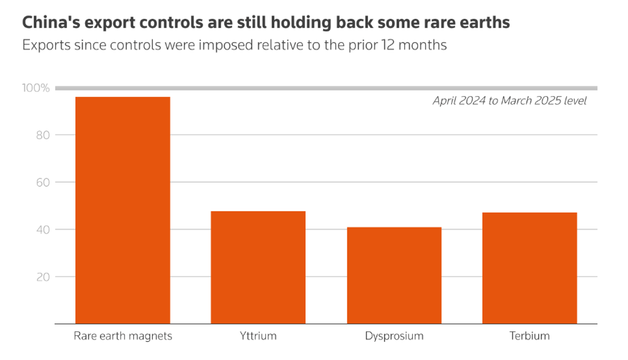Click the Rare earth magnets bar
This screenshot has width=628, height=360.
tap(123, 210)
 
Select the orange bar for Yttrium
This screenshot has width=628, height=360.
tap(258, 267)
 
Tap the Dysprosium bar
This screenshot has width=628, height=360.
tap(394, 275)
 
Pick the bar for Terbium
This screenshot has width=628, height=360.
tap(530, 268)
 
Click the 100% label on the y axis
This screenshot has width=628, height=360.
tap(36, 88)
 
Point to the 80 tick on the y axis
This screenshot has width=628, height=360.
tap(43, 135)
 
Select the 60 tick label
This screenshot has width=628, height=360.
tap(43, 183)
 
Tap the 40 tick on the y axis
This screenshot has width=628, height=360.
tap(43, 230)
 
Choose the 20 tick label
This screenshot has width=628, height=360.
tap(43, 277)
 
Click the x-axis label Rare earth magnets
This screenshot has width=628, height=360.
tap(123, 336)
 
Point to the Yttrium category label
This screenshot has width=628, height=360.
tap(258, 336)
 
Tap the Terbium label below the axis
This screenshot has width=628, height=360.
tap(530, 336)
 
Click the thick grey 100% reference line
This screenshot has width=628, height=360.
tap(327, 88)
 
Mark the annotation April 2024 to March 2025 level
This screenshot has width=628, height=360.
tap(510, 101)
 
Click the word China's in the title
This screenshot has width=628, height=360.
tap(51, 22)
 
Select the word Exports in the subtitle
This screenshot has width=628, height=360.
tap(46, 46)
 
